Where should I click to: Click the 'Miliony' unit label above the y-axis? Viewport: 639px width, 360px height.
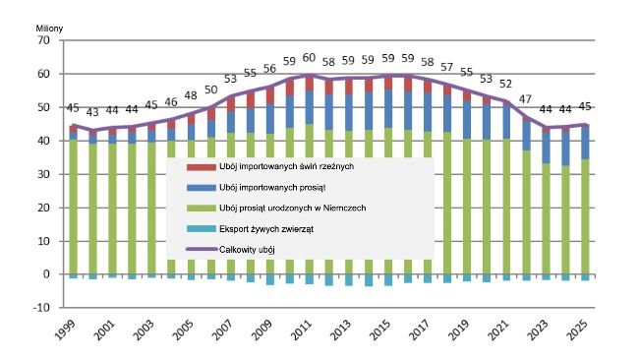(48, 29)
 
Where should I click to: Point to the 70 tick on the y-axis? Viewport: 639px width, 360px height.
(43, 40)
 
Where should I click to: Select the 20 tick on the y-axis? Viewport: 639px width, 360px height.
(43, 208)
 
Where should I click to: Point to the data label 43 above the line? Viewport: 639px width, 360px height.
(93, 111)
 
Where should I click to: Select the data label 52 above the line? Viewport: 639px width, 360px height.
(505, 84)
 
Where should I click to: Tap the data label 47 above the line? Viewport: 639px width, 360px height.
(526, 99)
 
